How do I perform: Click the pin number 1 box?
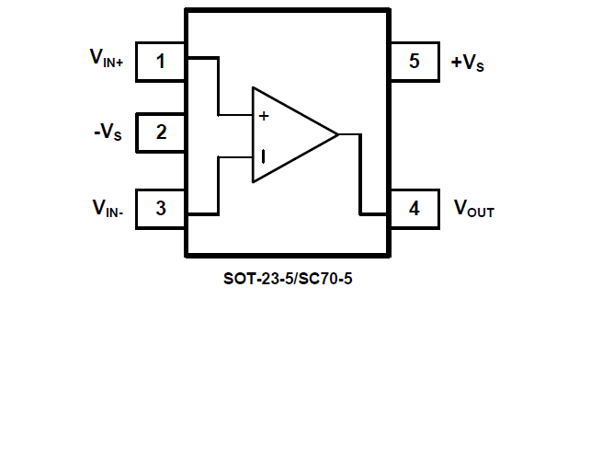[x=161, y=62]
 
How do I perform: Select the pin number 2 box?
[x=161, y=132]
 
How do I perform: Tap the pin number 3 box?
[x=161, y=208]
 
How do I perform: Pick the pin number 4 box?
[x=415, y=208]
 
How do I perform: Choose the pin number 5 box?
[x=415, y=62]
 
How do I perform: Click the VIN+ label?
[x=112, y=58]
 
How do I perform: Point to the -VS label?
[x=107, y=132]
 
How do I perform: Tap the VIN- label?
[x=113, y=209]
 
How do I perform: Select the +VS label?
[x=468, y=63]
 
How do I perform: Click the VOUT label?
[x=474, y=209]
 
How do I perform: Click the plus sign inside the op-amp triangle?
[x=264, y=116]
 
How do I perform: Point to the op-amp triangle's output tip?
[x=337, y=134]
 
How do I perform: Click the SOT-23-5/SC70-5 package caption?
[x=288, y=278]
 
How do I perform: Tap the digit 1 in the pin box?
[x=161, y=62]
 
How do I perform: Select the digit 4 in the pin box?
[x=415, y=208]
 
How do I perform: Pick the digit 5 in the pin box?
[x=415, y=62]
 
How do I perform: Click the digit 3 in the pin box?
[x=161, y=208]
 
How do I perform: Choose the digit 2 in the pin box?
[x=161, y=132]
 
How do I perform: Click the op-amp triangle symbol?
[x=285, y=134]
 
